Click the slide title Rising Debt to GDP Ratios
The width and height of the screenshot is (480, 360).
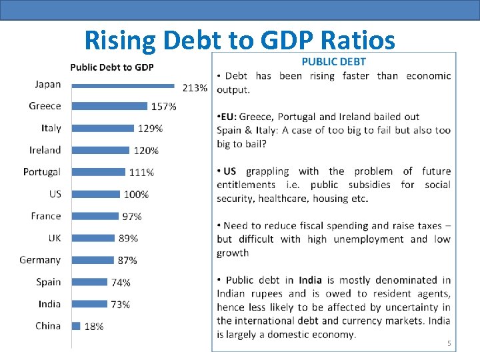click(x=239, y=41)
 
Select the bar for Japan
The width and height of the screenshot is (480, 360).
click(x=123, y=85)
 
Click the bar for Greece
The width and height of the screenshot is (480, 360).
click(x=109, y=106)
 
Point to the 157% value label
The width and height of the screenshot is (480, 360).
click(x=164, y=107)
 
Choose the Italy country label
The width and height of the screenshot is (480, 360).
click(x=51, y=128)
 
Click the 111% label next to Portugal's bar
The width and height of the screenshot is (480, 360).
click(x=141, y=173)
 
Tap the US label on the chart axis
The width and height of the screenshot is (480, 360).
click(x=55, y=194)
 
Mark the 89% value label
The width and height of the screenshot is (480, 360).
click(x=129, y=238)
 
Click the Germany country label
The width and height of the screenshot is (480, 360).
click(x=40, y=260)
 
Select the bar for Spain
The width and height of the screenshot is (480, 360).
click(x=89, y=281)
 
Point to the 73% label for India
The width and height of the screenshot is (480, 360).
click(x=120, y=304)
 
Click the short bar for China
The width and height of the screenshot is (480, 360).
click(x=76, y=326)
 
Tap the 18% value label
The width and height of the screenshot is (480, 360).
click(x=94, y=327)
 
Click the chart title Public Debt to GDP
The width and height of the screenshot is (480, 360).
click(x=112, y=67)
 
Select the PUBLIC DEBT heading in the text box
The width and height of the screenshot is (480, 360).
click(x=333, y=61)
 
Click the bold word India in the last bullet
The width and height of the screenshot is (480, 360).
click(x=310, y=280)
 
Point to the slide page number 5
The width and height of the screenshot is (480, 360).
click(x=449, y=344)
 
